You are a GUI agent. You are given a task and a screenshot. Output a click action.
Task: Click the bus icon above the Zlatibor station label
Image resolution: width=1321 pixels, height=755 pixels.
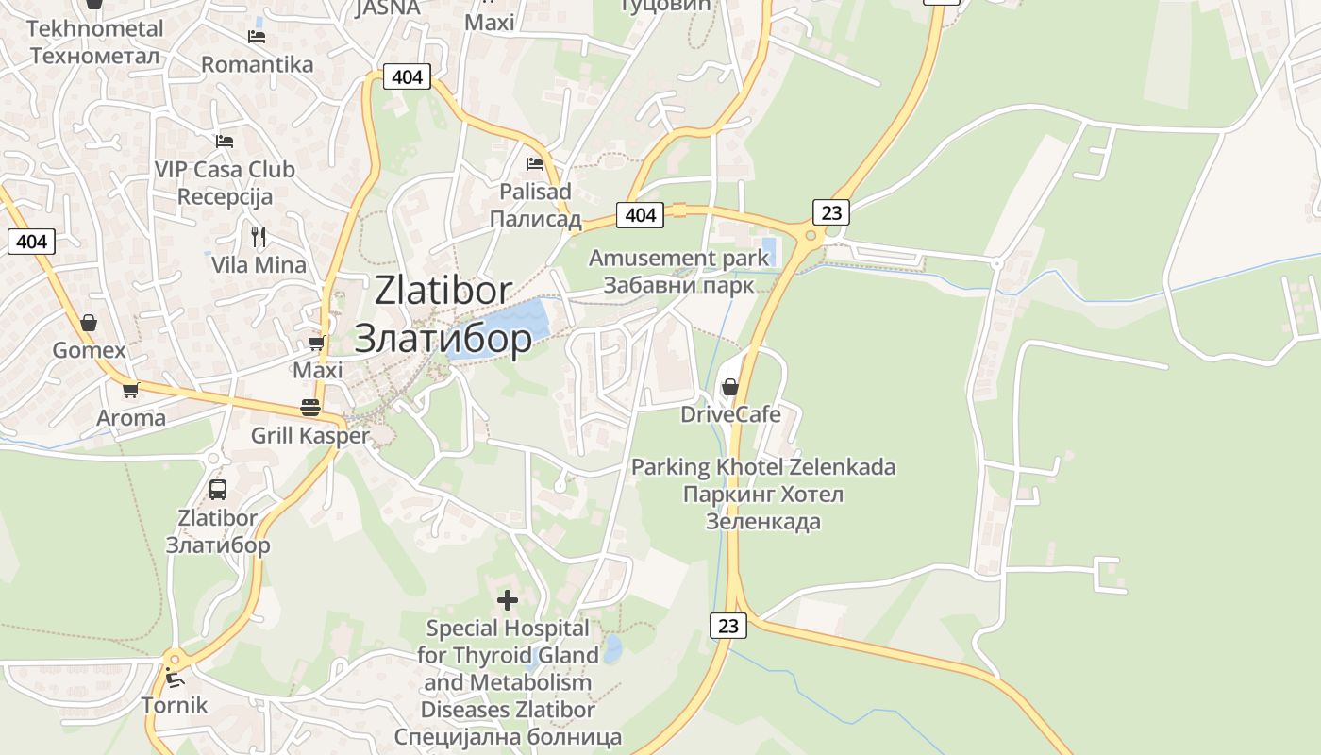tap(218, 489)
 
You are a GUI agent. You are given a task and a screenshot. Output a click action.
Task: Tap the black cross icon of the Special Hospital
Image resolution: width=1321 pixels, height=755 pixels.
tap(508, 599)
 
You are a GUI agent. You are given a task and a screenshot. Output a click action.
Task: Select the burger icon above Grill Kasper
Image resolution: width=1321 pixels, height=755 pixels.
tap(309, 407)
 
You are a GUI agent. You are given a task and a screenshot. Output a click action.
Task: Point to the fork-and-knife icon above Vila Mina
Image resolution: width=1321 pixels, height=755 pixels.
tap(259, 236)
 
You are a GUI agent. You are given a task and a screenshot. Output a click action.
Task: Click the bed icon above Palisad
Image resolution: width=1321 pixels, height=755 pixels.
tap(535, 163)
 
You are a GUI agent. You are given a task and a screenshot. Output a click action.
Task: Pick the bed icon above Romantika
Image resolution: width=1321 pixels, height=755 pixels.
tap(257, 37)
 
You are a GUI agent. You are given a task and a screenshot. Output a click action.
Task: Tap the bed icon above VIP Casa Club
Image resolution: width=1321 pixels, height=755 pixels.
tap(225, 142)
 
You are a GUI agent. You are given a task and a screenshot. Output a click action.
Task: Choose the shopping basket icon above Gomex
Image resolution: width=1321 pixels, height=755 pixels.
tap(89, 323)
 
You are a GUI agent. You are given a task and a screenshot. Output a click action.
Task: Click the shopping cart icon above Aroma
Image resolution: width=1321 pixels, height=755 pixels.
tap(131, 390)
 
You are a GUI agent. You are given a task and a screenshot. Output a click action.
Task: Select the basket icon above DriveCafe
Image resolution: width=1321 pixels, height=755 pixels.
tap(729, 387)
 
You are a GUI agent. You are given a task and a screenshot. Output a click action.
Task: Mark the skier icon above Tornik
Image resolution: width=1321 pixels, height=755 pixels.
tap(174, 676)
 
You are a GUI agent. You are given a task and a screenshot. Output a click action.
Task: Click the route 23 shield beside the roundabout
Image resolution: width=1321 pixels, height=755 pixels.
tap(831, 212)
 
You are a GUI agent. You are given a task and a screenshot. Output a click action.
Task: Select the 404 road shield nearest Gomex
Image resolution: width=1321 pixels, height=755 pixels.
tap(32, 242)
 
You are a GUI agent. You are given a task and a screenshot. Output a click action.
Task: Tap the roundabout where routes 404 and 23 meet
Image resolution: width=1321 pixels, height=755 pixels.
tap(808, 235)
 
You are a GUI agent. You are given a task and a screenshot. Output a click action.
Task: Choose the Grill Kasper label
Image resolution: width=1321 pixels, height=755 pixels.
tap(309, 436)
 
